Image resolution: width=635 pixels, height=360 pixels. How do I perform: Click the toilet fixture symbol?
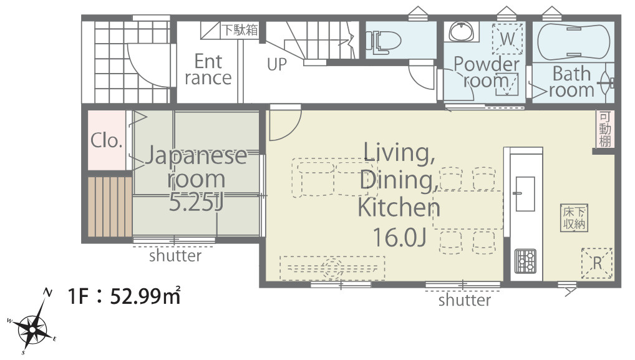[383, 42]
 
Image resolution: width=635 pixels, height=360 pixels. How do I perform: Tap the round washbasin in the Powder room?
[462, 31]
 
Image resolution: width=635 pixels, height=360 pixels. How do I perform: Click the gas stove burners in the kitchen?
[525, 261]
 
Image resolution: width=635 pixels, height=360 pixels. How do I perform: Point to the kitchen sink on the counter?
[525, 194]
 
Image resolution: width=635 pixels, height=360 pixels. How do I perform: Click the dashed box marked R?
[596, 263]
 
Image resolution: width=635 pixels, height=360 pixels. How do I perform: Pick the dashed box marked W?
[507, 39]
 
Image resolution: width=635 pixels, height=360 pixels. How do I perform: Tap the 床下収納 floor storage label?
[574, 218]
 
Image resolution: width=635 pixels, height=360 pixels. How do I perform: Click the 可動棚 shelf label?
[604, 129]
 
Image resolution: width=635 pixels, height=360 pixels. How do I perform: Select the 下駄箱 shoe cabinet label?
[240, 29]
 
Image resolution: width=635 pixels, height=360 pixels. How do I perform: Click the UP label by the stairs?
[276, 64]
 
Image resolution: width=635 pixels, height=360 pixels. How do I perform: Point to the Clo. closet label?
[107, 140]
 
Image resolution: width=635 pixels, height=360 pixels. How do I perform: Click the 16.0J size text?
[399, 237]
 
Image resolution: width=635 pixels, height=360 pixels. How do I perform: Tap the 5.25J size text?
[196, 203]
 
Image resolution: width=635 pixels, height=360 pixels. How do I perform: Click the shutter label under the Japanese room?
[175, 256]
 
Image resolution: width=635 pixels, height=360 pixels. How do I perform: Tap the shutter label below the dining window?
[465, 300]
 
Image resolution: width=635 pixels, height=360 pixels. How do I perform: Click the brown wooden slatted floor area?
[110, 207]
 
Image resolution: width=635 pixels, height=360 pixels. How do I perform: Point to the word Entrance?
[208, 70]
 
